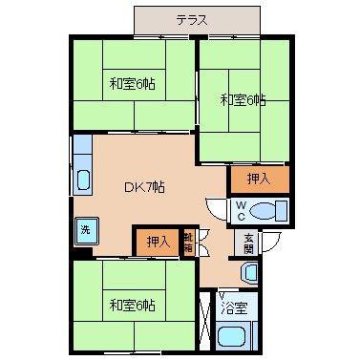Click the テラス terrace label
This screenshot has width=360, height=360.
(192, 20)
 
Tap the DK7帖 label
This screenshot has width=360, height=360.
(144, 187)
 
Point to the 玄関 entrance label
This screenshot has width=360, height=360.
(249, 244)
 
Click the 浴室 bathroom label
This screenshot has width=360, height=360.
(234, 308)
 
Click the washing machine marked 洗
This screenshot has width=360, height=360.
(86, 231)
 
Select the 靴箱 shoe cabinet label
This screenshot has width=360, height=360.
(188, 243)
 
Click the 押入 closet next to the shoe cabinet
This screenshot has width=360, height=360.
(158, 243)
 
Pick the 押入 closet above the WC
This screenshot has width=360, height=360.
(260, 180)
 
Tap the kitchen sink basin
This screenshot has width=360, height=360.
(83, 180)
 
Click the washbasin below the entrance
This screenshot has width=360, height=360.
(250, 272)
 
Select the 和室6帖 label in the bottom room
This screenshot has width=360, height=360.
(132, 306)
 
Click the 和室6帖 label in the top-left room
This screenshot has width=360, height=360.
(132, 84)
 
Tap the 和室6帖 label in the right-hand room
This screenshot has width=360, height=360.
(244, 100)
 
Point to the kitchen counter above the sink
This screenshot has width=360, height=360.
(82, 144)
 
